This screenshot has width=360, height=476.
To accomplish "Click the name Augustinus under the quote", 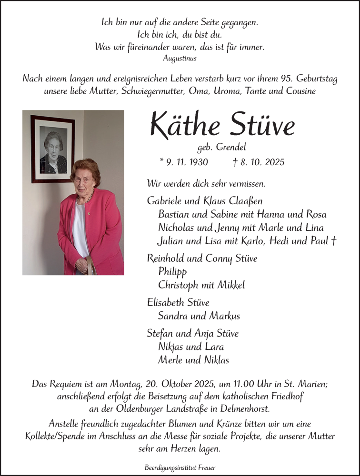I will click(180, 59).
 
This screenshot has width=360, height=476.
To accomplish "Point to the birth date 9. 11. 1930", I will click(184, 162).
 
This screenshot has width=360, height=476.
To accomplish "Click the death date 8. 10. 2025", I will click(264, 162).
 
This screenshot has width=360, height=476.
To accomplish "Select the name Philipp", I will click(173, 272).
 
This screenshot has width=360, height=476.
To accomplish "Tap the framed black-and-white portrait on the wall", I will click(53, 149).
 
